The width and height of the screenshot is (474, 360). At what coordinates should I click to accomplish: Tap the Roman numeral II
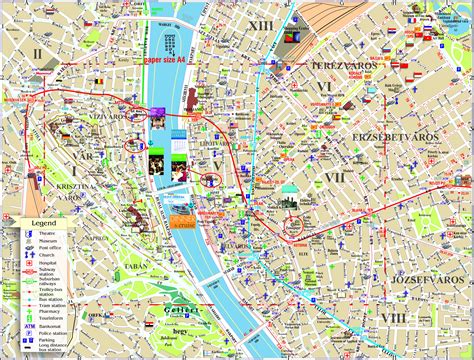(37, 54)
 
